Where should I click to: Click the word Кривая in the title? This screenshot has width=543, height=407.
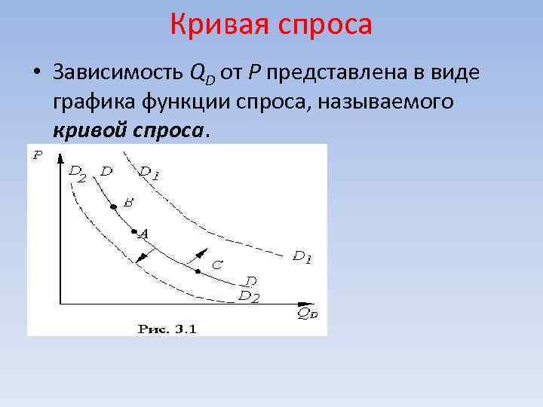pos(219,24)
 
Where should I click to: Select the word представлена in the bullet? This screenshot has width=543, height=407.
pos(339,72)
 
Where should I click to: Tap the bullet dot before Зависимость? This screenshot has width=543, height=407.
pos(36,73)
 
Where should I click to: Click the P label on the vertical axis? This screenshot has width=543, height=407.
pos(37,156)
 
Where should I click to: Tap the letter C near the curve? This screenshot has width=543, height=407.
pos(216,265)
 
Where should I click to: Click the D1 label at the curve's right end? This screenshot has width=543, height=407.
pos(302,257)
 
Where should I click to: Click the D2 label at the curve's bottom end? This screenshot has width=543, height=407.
pos(249,296)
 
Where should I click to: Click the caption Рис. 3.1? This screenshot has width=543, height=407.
pos(167,328)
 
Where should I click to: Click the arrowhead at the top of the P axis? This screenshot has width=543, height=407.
pos(60,155)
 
